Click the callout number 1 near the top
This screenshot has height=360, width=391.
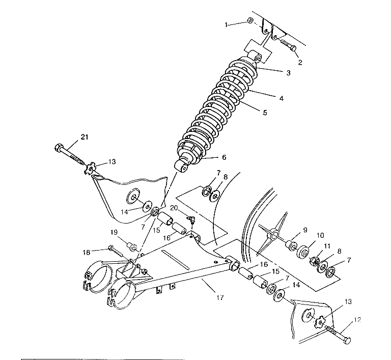227,24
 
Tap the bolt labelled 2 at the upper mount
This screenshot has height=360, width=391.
289,47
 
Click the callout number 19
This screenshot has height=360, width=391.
114,233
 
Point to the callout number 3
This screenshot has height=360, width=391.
288,73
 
